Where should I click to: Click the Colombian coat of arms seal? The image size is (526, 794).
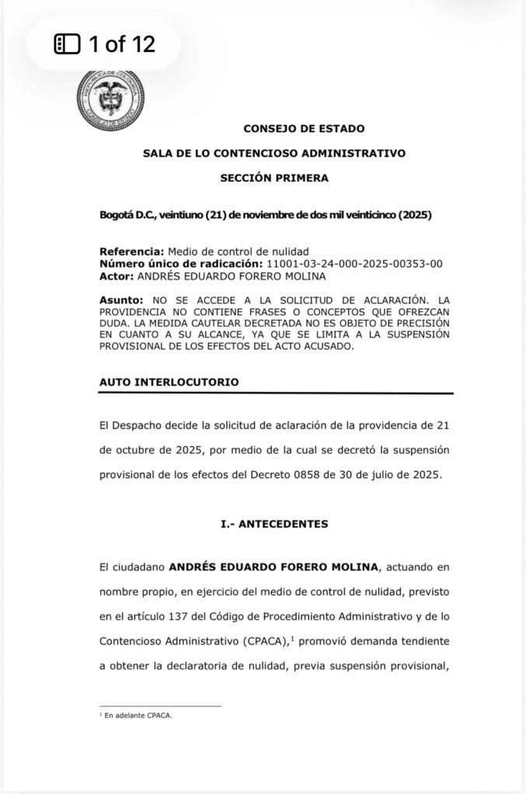pos(110,99)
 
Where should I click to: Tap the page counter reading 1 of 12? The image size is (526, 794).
pos(122,44)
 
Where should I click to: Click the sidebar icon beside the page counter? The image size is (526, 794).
pos(67,44)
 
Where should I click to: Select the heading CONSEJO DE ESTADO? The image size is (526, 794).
pos(304,129)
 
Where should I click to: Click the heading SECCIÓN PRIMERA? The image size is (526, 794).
pos(274,178)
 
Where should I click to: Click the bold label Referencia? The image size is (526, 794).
pos(131,251)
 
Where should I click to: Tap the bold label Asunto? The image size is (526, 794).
pos(121,299)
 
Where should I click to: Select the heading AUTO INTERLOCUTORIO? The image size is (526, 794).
pos(169,382)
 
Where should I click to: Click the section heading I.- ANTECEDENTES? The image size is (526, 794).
pos(274,524)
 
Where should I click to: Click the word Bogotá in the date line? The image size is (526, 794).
pos(117,214)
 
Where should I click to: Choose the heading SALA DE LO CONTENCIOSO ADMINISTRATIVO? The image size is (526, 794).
pos(274,154)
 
